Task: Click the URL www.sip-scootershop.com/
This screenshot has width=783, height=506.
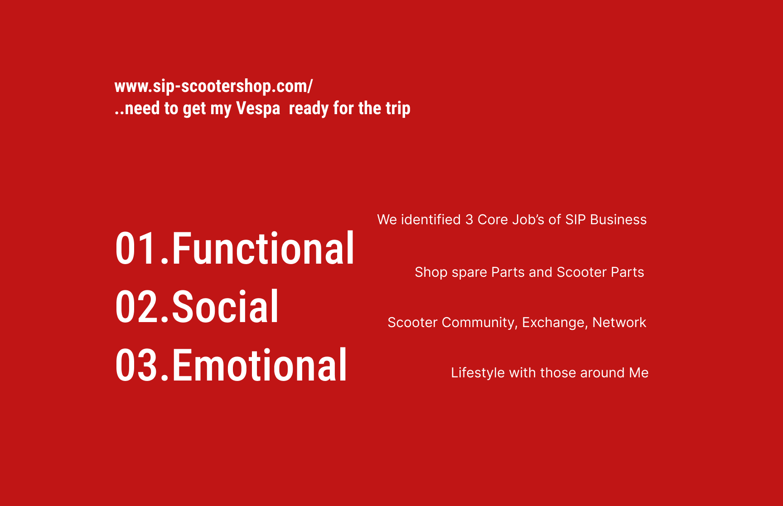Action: click(x=213, y=86)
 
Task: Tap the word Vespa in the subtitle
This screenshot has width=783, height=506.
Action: click(x=258, y=109)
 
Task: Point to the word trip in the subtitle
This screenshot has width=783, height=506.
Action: click(x=398, y=109)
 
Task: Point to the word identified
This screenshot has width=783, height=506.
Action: click(x=431, y=220)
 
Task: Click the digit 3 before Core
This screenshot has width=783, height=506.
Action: click(x=469, y=220)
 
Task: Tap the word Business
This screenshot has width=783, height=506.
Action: click(x=619, y=220)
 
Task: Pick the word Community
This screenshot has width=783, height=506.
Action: click(x=480, y=323)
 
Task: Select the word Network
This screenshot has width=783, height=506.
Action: click(x=619, y=323)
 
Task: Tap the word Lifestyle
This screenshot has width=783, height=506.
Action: click(x=478, y=373)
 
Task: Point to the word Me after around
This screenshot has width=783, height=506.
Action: click(x=639, y=373)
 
